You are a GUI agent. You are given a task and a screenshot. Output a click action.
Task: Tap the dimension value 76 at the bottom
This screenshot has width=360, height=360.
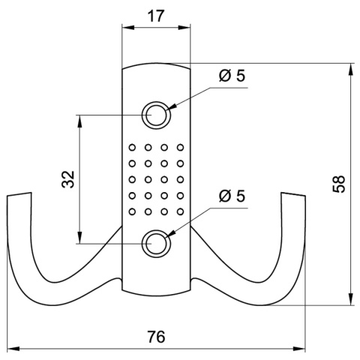[155, 337]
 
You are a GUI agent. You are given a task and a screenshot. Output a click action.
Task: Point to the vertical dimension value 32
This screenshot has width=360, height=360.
[67, 178]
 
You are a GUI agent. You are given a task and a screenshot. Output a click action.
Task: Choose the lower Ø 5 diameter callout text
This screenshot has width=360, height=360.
[231, 196]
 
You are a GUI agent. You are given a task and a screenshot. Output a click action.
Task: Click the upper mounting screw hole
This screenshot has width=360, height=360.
[156, 115]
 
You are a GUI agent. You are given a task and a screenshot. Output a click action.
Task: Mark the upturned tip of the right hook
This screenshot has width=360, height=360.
[293, 198]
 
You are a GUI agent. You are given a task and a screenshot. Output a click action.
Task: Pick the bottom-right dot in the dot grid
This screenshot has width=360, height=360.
[181, 213]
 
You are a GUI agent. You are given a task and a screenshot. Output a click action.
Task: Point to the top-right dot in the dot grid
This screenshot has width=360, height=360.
[181, 146]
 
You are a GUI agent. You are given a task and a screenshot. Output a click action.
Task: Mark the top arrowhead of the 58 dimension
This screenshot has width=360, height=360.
[350, 68]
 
